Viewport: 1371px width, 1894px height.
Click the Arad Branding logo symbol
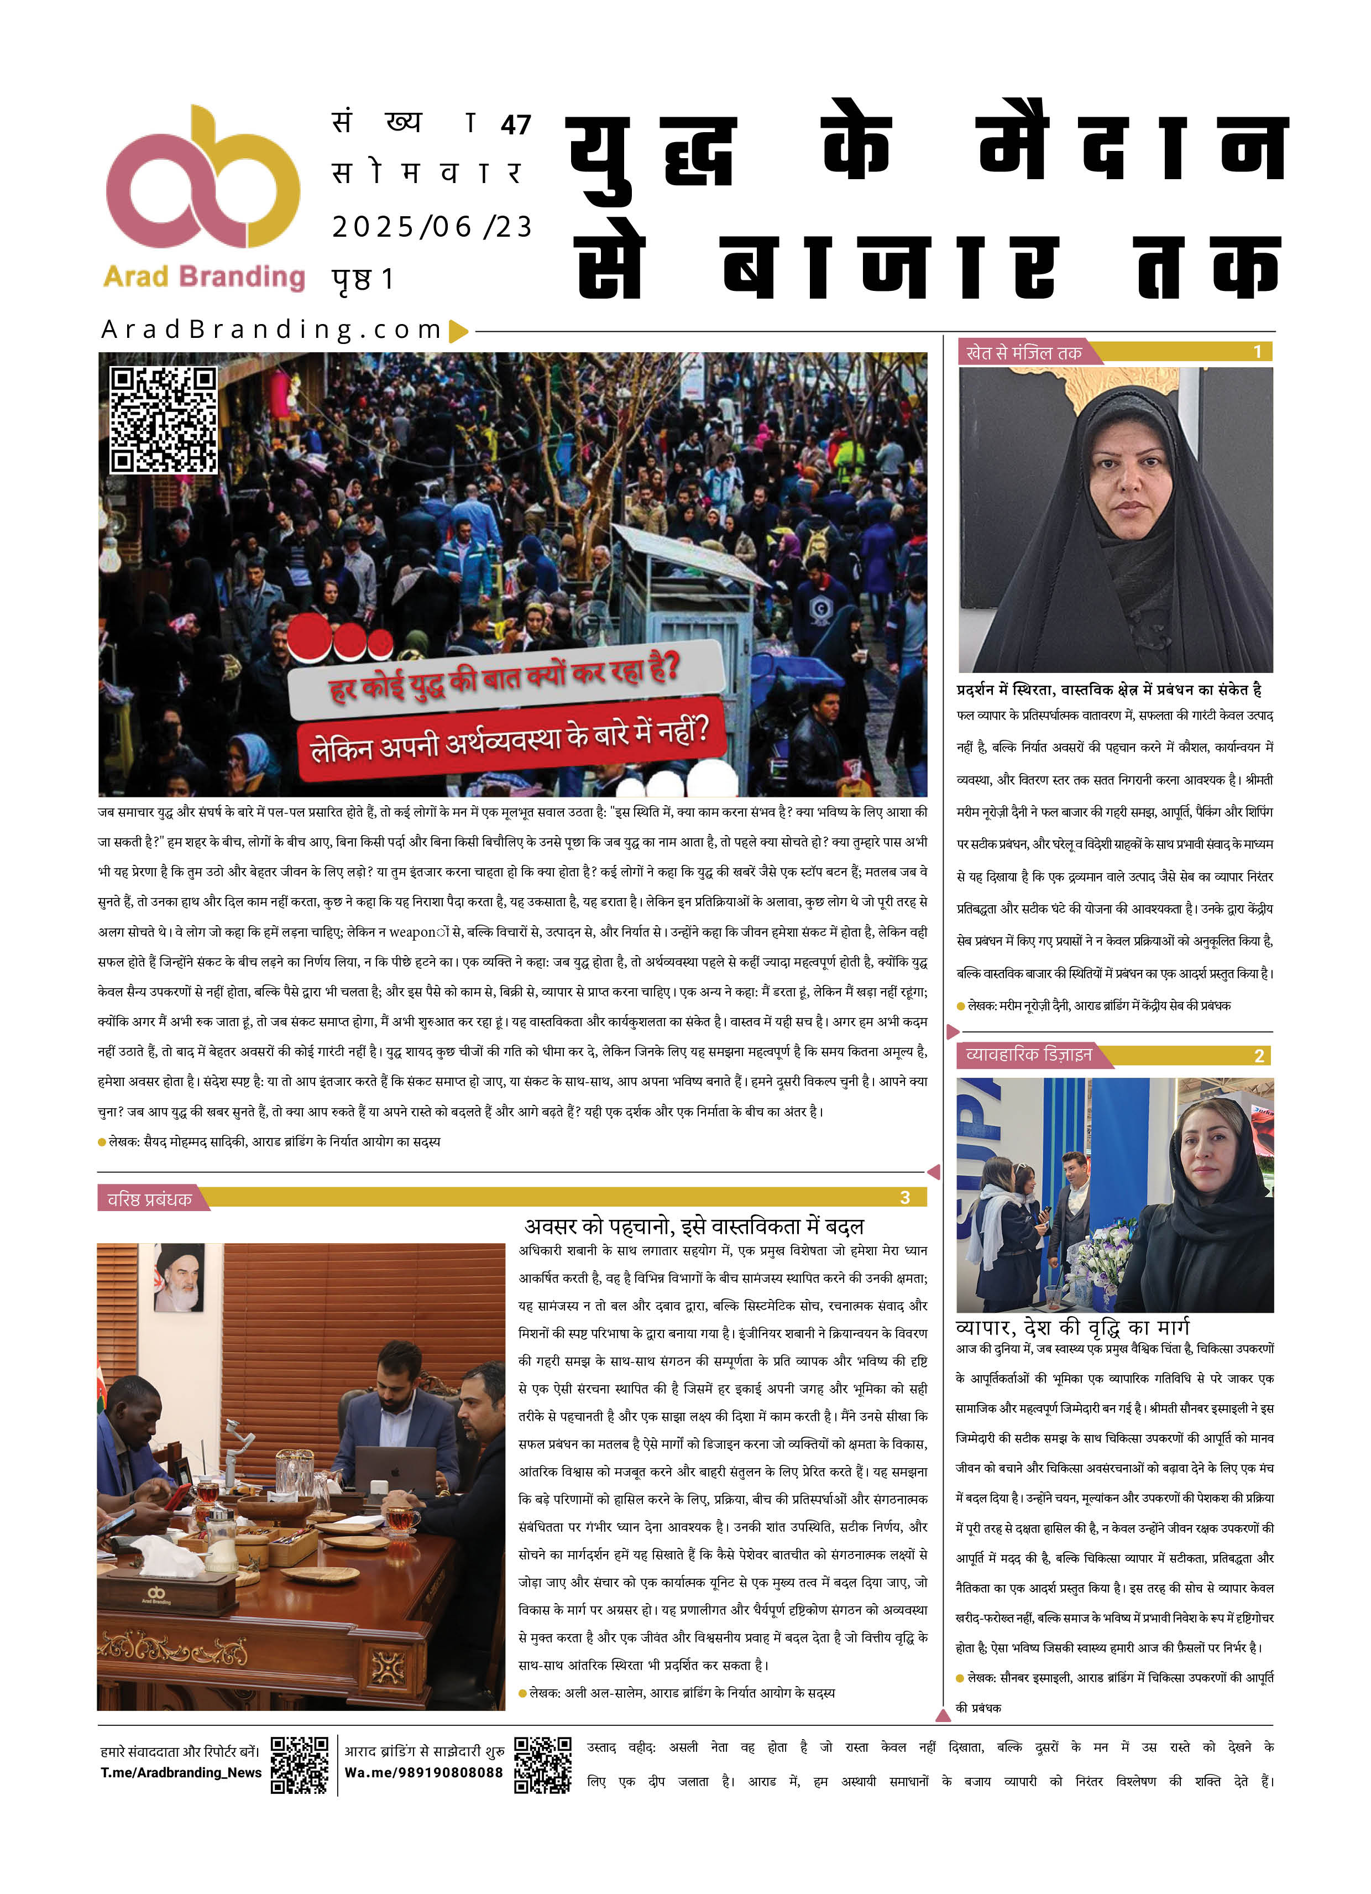203,177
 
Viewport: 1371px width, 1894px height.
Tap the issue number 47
516,126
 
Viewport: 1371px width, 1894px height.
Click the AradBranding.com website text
271,330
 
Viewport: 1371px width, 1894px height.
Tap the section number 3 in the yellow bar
904,1198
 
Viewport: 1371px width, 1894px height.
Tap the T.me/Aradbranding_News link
181,1773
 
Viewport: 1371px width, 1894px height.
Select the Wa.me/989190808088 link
423,1773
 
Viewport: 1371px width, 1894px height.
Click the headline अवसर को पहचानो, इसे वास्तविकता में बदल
694,1226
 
